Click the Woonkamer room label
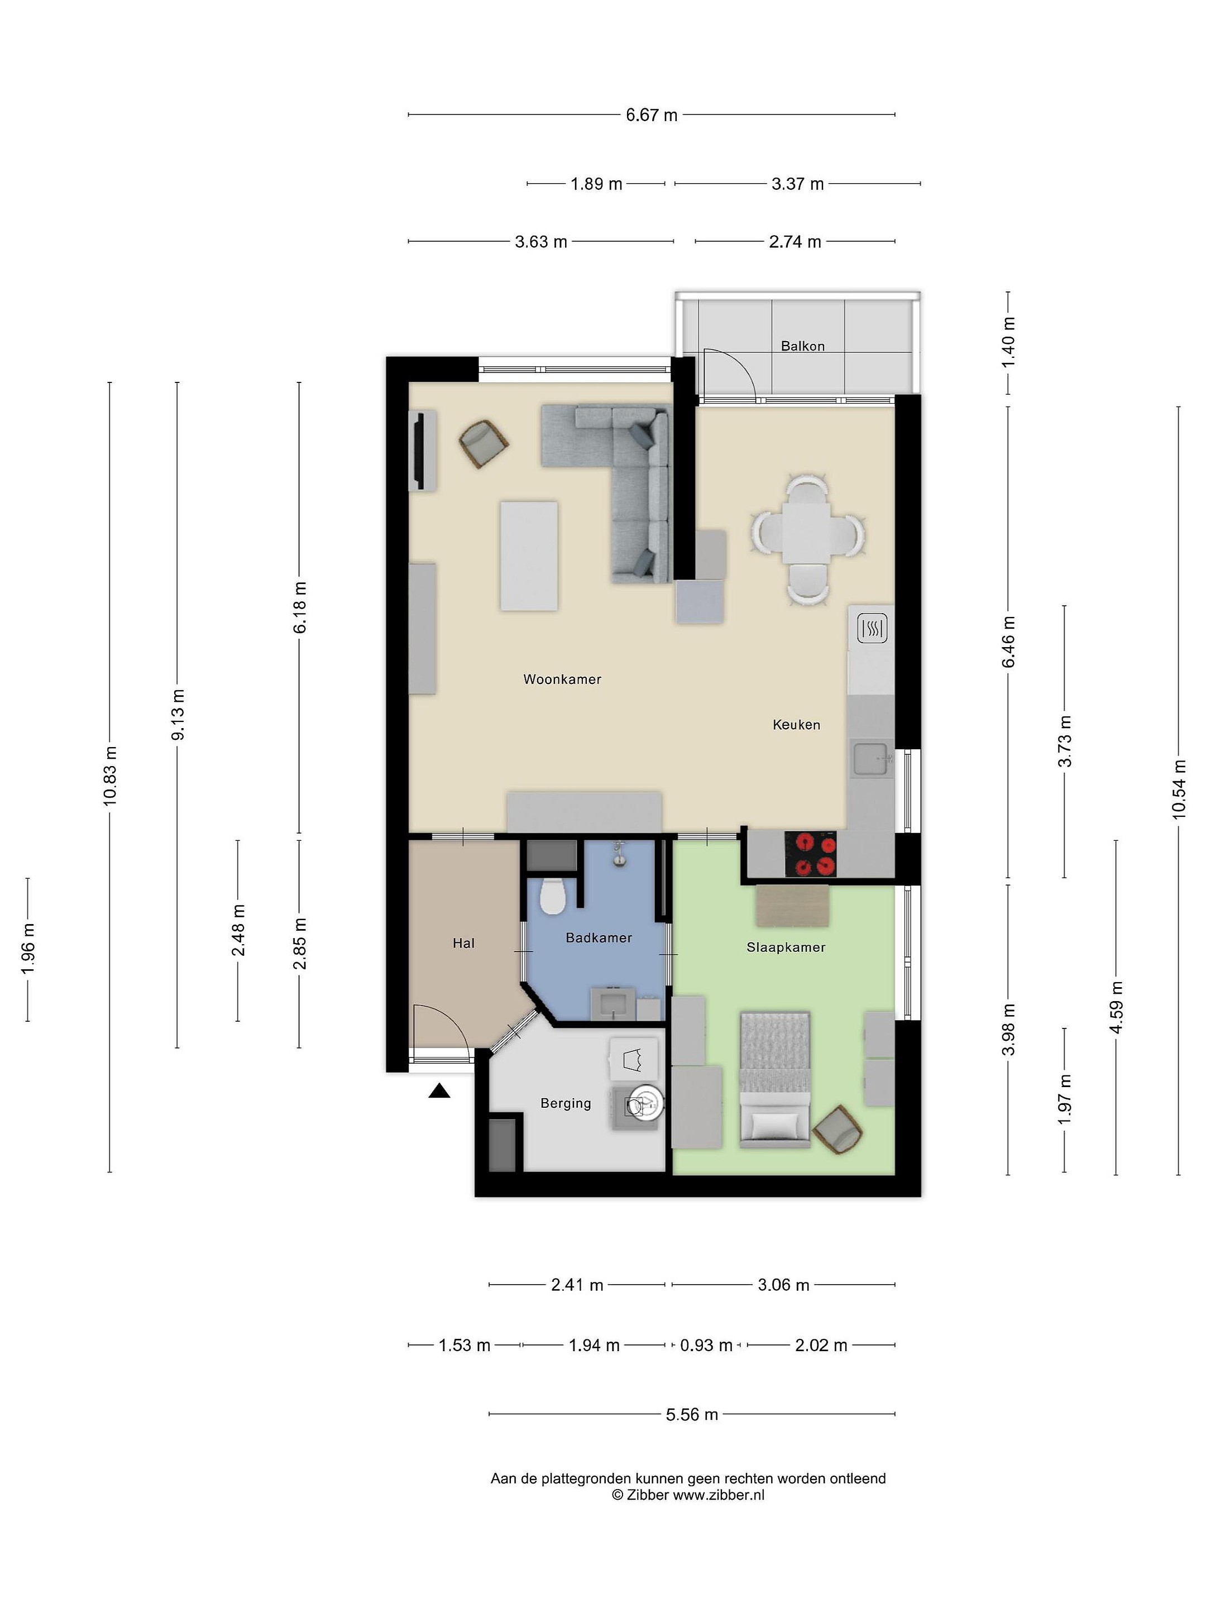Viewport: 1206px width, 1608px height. click(x=562, y=679)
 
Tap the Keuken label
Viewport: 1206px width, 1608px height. click(x=796, y=724)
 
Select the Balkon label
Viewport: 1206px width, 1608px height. click(x=802, y=346)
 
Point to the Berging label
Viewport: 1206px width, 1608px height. click(x=566, y=1103)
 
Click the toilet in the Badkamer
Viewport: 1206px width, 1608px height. click(x=553, y=897)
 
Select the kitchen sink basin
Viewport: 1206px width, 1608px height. click(x=870, y=759)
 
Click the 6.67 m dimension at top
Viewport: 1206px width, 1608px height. click(x=652, y=115)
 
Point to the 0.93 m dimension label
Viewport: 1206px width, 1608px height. click(x=706, y=1345)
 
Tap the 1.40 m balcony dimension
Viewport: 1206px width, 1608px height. click(x=1008, y=342)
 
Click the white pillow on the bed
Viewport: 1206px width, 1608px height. click(x=775, y=1124)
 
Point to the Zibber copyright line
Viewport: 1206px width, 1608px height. click(x=688, y=1495)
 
